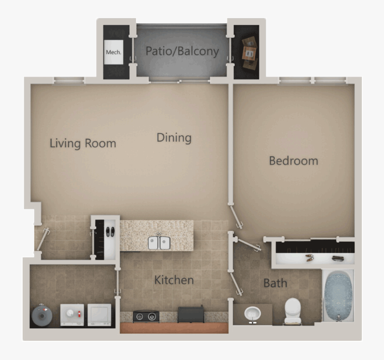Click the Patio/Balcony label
[x=182, y=51]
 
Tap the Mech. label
[x=113, y=53]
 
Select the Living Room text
[x=83, y=143]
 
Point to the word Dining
[x=174, y=138]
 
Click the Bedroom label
[x=293, y=161]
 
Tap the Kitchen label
[x=174, y=280]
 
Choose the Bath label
[x=275, y=283]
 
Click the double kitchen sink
[x=160, y=243]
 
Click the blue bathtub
[x=338, y=295]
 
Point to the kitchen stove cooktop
[x=146, y=316]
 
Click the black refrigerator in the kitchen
[x=191, y=314]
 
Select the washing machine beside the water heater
[x=72, y=315]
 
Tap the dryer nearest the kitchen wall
[x=99, y=315]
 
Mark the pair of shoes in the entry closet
[x=110, y=231]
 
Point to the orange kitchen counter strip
[x=174, y=328]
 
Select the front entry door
[x=42, y=240]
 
